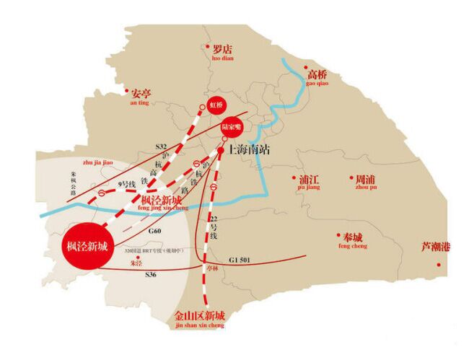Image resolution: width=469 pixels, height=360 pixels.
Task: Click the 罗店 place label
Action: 223,50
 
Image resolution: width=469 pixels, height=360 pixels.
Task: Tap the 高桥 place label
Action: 317,74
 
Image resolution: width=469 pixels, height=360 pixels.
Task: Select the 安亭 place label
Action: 141,93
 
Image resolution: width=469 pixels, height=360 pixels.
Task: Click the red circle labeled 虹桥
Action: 216,105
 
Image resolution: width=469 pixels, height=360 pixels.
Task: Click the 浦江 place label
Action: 308,178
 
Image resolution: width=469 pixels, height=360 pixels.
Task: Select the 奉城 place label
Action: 353,237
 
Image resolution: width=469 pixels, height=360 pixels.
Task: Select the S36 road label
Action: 151,275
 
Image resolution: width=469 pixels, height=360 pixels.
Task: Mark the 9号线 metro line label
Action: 127,185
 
